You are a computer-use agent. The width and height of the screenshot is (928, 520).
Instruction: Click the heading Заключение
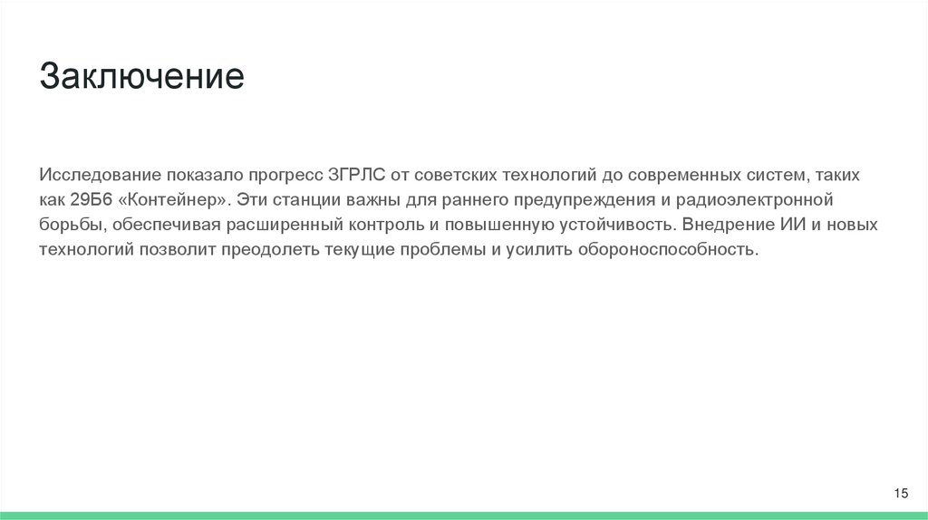tap(141, 76)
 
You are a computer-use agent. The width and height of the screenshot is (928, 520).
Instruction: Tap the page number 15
tap(901, 493)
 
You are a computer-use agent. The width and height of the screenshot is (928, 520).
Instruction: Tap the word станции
tap(313, 198)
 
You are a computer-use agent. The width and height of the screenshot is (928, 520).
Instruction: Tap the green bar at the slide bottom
tap(464, 515)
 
